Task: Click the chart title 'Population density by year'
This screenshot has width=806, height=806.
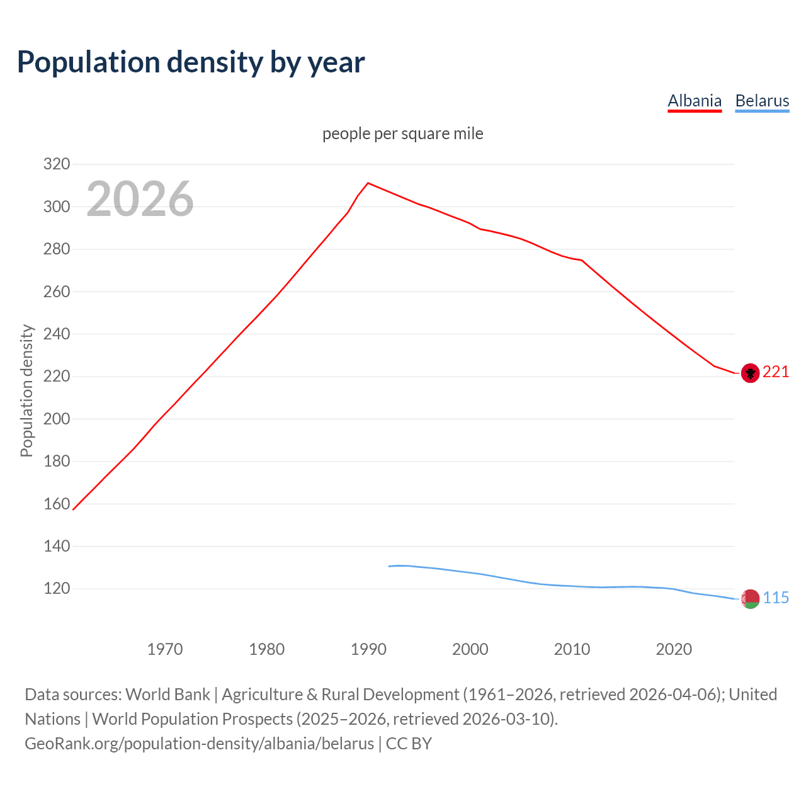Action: coord(191,62)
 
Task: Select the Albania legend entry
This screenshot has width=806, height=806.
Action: coord(695,101)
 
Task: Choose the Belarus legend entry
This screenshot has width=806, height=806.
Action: coord(762,101)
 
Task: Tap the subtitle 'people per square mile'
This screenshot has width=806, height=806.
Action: coord(403,134)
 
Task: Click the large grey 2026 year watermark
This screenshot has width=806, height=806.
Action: coord(140,200)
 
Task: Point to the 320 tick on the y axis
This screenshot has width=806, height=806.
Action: coord(56,164)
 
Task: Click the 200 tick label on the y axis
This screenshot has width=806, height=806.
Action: coord(56,419)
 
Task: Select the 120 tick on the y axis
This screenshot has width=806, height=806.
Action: coord(56,589)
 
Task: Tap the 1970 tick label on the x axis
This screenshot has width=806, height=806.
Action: coord(165,649)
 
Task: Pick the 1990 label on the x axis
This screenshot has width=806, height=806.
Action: coord(368,649)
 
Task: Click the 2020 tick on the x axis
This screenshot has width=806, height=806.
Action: coord(674,649)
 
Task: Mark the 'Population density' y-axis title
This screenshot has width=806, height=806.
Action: coord(26,390)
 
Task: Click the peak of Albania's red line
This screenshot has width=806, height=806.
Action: coord(368,183)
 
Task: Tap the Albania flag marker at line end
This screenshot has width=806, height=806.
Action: coord(749,373)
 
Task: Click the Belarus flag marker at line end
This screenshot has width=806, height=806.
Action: coord(749,599)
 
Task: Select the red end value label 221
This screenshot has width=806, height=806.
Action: coord(776,372)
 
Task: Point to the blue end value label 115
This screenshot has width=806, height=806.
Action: coord(776,598)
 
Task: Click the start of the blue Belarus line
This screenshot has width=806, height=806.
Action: coord(389,566)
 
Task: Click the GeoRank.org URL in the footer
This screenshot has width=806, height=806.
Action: coord(199,744)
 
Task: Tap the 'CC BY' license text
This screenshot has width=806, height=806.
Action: coord(409,744)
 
